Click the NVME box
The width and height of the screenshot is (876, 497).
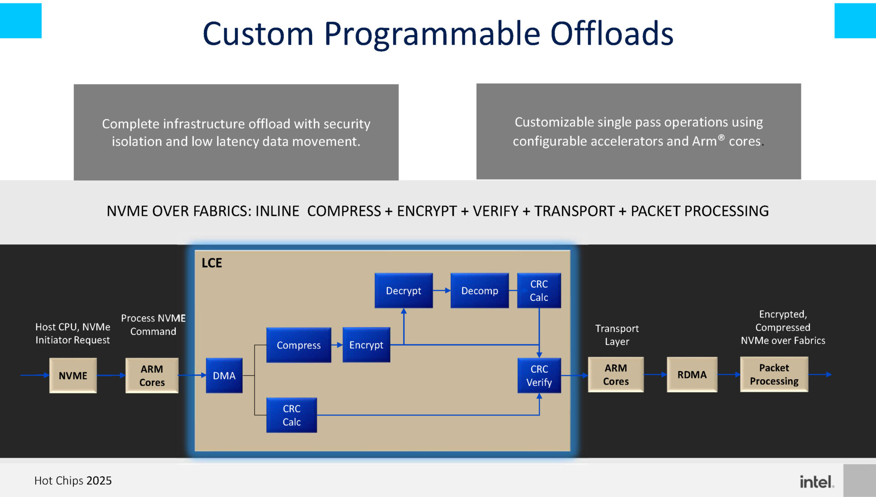(73, 375)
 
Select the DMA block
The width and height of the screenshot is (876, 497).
(224, 375)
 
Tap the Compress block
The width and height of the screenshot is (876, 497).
(298, 345)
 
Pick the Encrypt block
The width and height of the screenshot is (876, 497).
(366, 345)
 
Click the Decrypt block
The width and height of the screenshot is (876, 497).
(403, 291)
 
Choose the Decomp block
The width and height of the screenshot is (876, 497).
(479, 291)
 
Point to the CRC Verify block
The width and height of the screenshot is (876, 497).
(539, 375)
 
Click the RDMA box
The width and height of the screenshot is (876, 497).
(692, 375)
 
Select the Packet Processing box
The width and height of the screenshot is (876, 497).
(774, 375)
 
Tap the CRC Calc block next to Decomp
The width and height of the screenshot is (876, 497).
(539, 291)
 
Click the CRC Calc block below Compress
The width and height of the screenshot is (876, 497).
(291, 415)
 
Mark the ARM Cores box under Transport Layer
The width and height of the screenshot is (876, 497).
(615, 375)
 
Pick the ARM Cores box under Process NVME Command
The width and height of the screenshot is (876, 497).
(152, 375)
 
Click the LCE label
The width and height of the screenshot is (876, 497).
(212, 263)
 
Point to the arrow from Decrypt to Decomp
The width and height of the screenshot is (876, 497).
(441, 291)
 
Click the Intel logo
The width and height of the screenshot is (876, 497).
(816, 481)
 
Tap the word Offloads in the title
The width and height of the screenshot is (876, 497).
(611, 34)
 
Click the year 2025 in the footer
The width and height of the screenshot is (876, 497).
(99, 481)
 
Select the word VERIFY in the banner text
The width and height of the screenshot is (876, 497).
(495, 211)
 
